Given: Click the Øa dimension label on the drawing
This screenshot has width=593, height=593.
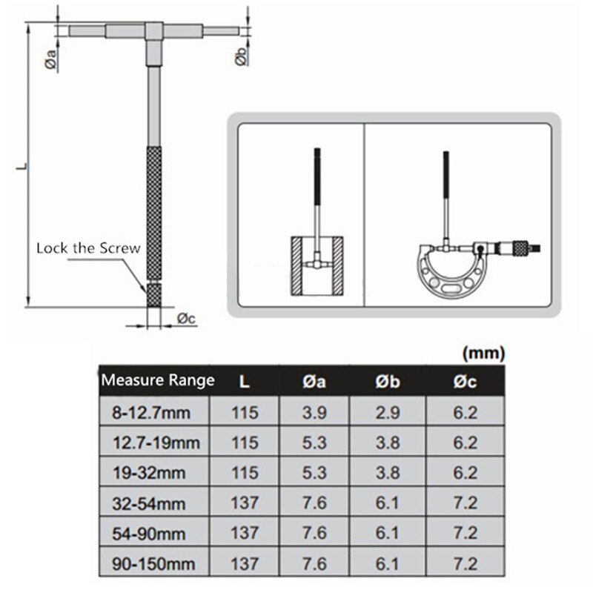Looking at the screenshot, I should click(47, 62).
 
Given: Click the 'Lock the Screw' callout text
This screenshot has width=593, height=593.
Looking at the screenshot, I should click(88, 248).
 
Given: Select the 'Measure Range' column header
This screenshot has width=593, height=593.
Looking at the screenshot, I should click(157, 381).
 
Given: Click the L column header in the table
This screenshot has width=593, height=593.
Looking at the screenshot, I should click(245, 381).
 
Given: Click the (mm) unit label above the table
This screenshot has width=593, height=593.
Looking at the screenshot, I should click(483, 354).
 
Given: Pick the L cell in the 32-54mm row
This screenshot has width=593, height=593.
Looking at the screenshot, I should click(245, 503).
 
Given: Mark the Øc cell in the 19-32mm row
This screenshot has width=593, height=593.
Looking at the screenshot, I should click(465, 473).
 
